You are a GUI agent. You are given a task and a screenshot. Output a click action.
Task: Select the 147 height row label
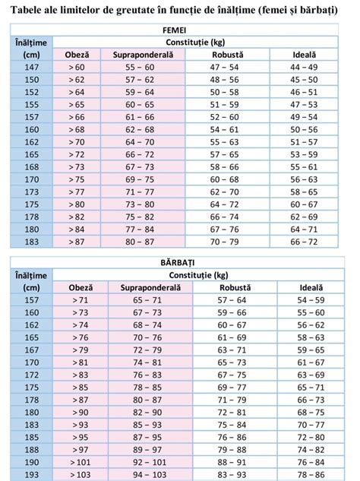(31, 68)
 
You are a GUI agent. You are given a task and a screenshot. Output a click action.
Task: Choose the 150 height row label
(31, 80)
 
